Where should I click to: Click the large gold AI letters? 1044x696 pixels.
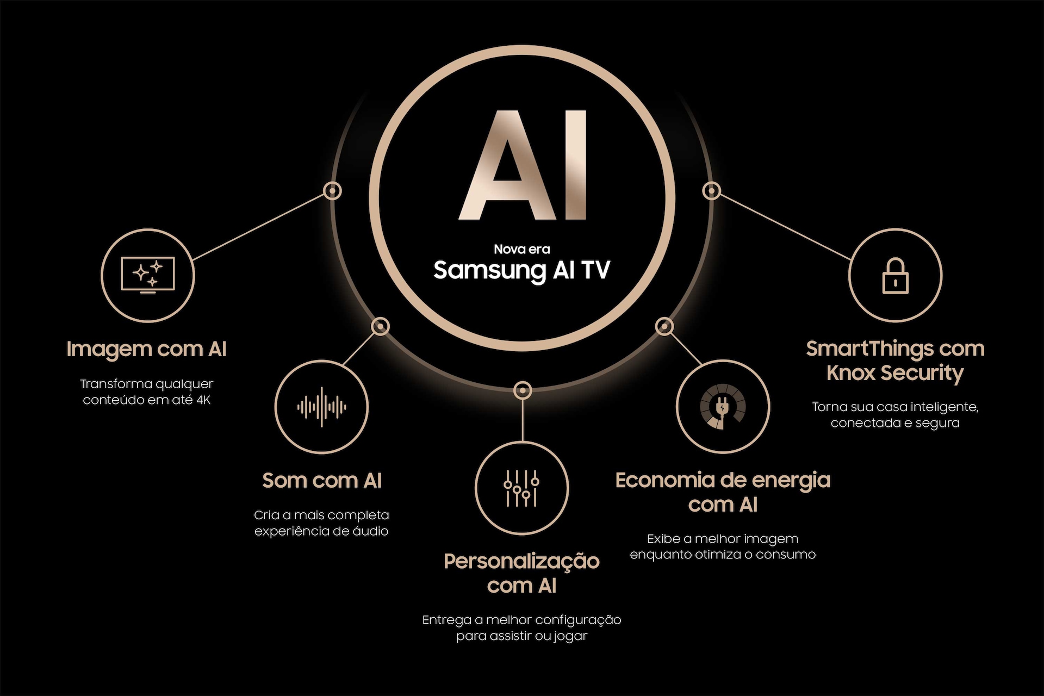522,166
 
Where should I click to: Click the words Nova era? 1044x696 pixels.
522,250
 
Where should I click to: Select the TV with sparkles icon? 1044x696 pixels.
148,275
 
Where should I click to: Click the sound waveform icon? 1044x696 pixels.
322,407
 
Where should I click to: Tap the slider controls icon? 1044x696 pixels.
521,488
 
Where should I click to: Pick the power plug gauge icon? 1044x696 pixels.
723,407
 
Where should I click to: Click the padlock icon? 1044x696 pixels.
895,276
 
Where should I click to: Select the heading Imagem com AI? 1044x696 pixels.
146,349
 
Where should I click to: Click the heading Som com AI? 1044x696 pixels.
322,481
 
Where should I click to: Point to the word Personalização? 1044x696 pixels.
521,561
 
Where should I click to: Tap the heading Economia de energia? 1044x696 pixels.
723,481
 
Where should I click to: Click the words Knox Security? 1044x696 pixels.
895,373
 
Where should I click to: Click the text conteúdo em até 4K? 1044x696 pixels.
146,400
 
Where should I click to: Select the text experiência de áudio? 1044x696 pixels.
321,531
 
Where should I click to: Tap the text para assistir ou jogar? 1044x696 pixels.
521,636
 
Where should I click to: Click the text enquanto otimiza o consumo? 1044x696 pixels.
723,555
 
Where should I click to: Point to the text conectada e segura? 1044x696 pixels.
895,423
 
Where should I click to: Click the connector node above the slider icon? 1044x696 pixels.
522,390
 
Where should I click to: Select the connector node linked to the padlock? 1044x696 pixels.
712,191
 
